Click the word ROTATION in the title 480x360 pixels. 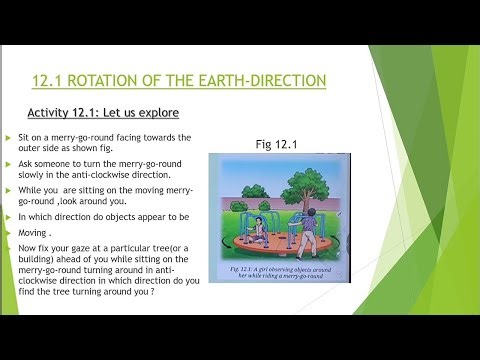(117, 81)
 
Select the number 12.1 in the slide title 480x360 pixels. (50, 81)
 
